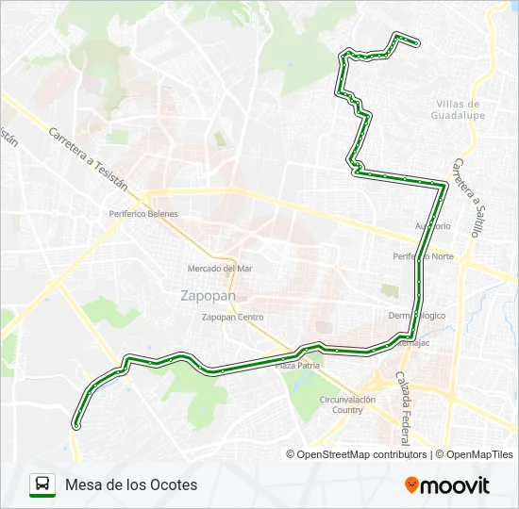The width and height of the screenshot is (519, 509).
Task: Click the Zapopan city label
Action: tap(208, 294)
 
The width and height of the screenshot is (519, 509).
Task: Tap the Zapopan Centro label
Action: tap(232, 317)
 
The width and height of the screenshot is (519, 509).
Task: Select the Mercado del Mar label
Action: tap(220, 269)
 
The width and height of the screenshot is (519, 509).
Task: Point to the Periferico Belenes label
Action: tap(143, 214)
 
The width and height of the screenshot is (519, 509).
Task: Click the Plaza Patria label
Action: tap(298, 365)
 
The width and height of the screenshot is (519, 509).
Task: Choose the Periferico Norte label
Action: tap(424, 256)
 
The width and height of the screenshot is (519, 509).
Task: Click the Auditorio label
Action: tap(433, 226)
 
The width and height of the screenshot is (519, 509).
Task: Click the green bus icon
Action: tap(42, 484)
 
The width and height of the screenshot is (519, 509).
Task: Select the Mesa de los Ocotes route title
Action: tap(132, 484)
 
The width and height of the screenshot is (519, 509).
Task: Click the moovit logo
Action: tap(447, 485)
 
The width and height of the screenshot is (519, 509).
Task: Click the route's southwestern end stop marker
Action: tap(76, 426)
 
